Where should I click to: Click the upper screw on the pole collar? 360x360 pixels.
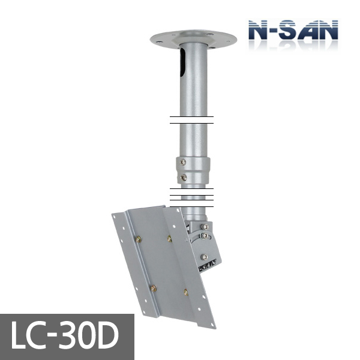(x=184, y=162)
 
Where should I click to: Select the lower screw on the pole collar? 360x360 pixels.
(x=184, y=178)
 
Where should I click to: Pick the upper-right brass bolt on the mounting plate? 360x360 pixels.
(x=170, y=239)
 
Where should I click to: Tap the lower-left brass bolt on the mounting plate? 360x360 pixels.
(x=153, y=288)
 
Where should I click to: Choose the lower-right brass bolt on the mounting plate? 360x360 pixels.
(x=185, y=293)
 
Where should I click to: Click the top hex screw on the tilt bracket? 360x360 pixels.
(x=206, y=226)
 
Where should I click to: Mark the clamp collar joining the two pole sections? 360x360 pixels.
(x=193, y=170)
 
